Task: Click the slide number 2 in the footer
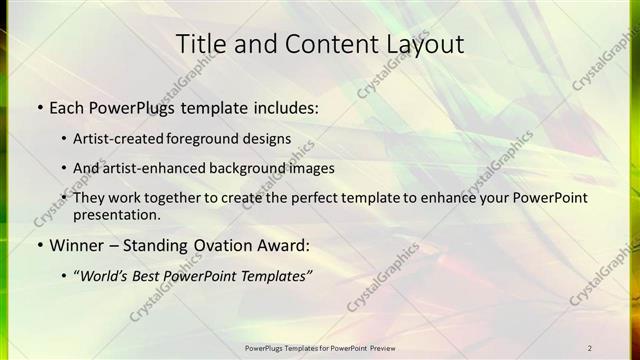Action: pyautogui.click(x=590, y=347)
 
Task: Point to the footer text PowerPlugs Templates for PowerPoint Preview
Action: pyautogui.click(x=320, y=347)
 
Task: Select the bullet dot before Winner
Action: pyautogui.click(x=39, y=245)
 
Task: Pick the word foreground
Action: pyautogui.click(x=218, y=138)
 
